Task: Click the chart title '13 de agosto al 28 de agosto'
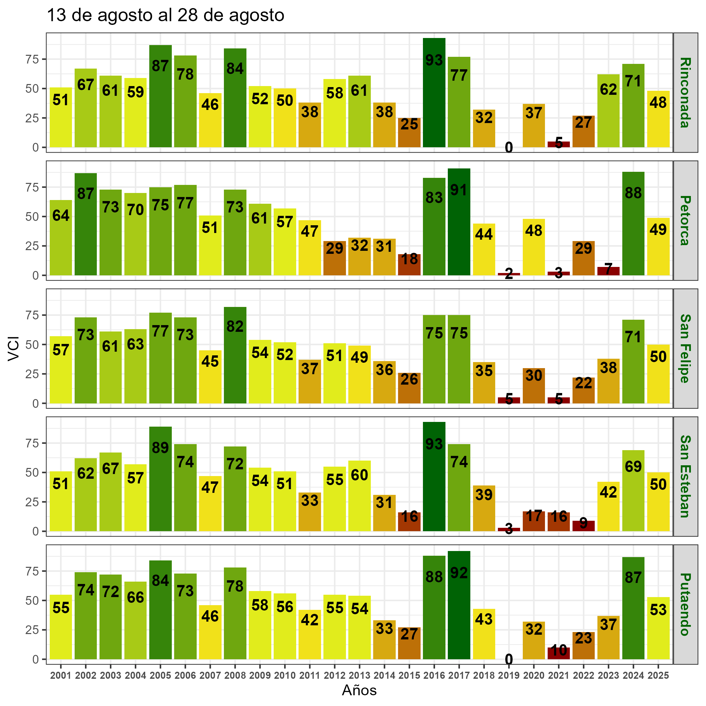(165, 16)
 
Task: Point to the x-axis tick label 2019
(509, 676)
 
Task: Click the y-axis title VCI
(13, 349)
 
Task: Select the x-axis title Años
(359, 691)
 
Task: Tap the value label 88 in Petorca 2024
(633, 193)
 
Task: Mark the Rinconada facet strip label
(685, 92)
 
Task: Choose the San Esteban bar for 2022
(584, 526)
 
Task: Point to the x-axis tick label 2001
(61, 676)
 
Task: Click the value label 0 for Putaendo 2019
(509, 660)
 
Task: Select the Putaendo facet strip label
(685, 604)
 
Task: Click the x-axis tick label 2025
(658, 676)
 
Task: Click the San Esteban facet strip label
(685, 476)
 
